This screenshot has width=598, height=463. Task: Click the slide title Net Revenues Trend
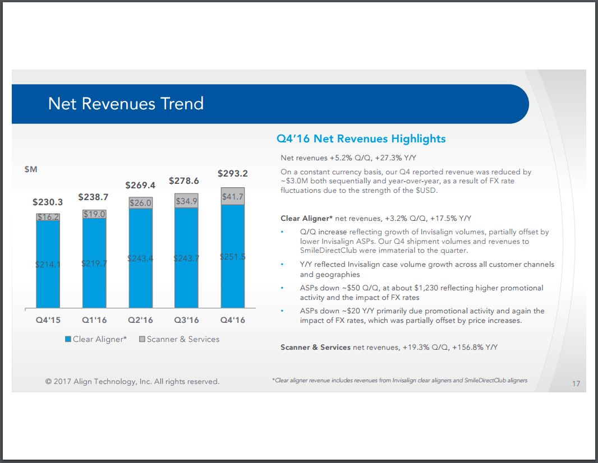point(126,104)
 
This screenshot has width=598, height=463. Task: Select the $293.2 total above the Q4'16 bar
point(233,173)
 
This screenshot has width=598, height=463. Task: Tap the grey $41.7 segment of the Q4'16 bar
point(233,197)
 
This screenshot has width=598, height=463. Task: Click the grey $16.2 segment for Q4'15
point(48,217)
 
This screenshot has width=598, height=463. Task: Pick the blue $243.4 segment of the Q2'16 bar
point(140,258)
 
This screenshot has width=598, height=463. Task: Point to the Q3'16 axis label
point(186,320)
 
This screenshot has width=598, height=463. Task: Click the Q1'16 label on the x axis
point(94,320)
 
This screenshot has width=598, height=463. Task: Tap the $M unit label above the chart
point(31,169)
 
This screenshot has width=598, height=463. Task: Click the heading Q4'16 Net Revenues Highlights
point(361,138)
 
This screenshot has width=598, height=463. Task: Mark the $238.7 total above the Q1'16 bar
point(94,197)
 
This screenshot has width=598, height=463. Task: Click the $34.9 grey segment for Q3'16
point(186,201)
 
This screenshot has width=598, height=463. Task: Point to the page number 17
point(576,384)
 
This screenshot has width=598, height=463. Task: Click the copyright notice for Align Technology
point(132,382)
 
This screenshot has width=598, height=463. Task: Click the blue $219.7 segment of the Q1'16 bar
point(94,263)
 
